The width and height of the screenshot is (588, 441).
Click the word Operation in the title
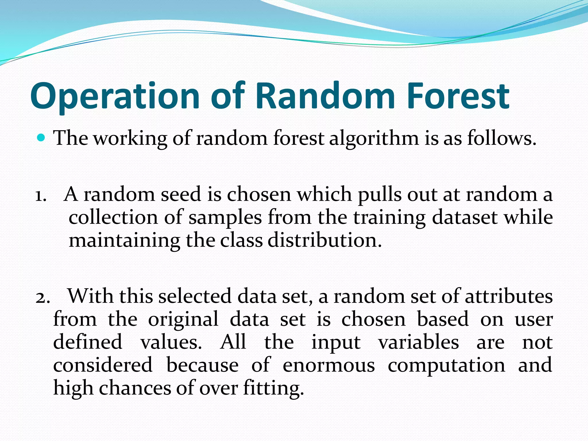click(115, 96)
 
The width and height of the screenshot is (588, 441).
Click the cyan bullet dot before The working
click(41, 138)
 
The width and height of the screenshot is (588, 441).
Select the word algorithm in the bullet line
click(374, 138)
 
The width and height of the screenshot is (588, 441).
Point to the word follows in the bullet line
click(501, 138)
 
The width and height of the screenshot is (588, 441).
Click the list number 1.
click(40, 195)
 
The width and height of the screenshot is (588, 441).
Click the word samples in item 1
click(225, 218)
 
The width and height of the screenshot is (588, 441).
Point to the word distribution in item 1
click(324, 240)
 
